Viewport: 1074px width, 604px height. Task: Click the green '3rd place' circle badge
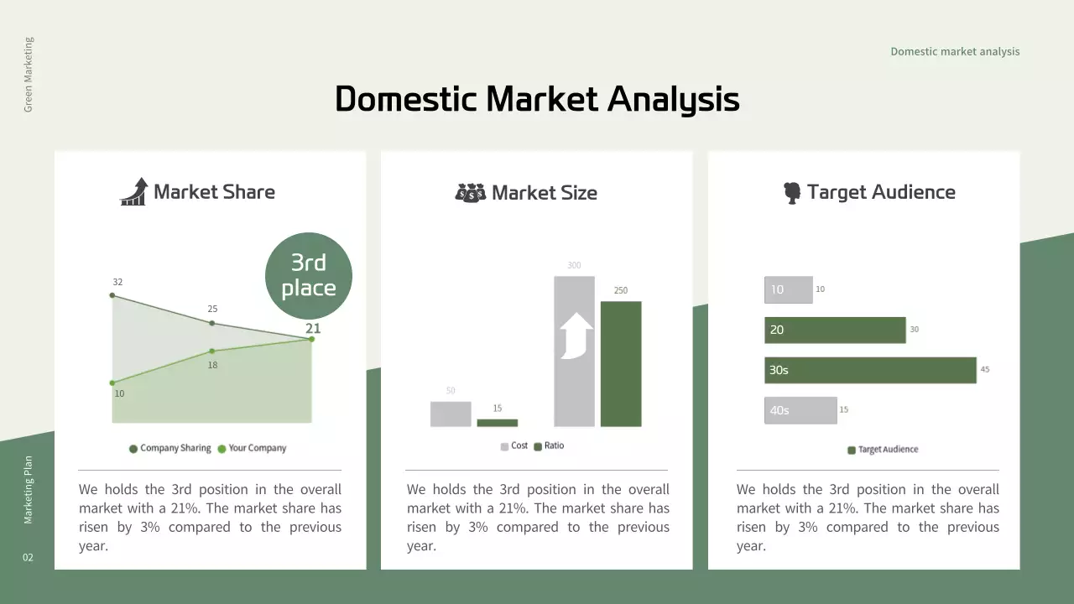tap(308, 276)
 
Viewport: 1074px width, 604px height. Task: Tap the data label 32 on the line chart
tap(117, 282)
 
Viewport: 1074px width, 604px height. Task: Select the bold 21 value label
tap(312, 329)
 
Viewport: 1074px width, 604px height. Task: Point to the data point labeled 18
tap(212, 351)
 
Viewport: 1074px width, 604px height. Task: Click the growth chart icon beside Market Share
tap(133, 191)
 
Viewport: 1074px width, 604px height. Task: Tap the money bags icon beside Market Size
tap(470, 192)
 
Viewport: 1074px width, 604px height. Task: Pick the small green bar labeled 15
tap(497, 423)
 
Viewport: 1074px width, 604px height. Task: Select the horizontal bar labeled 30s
tap(870, 370)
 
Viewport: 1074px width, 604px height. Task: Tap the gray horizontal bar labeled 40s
tap(800, 410)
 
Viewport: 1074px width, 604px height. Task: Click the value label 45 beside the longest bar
tap(985, 369)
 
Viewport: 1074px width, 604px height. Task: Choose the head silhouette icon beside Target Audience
tap(791, 193)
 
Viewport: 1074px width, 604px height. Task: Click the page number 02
tap(28, 558)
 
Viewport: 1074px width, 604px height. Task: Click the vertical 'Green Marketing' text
tap(29, 75)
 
